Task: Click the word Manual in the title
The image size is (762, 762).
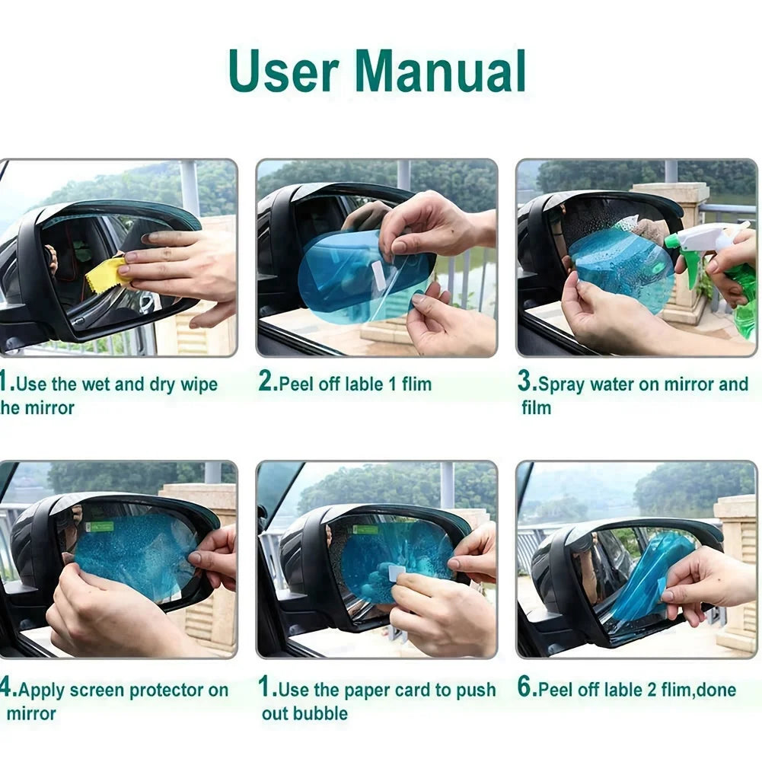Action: (441, 71)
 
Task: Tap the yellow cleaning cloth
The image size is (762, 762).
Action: (107, 275)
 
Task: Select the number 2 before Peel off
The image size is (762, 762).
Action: (266, 383)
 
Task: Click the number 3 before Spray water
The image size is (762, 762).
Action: (525, 383)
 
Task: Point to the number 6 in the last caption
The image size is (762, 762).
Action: (525, 689)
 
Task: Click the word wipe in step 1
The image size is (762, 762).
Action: (199, 384)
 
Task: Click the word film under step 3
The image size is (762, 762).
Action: (536, 407)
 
